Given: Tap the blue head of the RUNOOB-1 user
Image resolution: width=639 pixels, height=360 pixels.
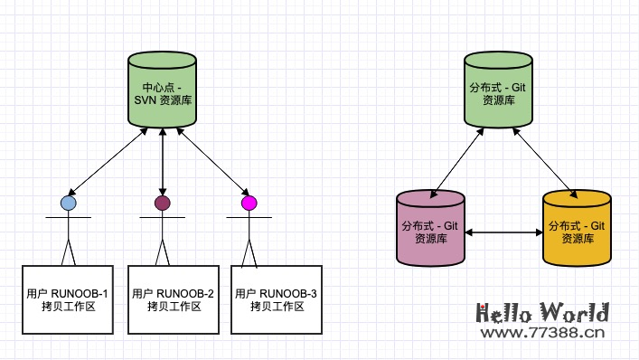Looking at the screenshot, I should [69, 203].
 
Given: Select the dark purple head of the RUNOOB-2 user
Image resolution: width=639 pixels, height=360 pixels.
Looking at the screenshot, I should [163, 203].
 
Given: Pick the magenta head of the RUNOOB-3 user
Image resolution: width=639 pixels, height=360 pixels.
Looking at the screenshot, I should [249, 203].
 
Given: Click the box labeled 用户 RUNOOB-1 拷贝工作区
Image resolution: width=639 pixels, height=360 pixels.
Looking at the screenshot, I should [68, 299].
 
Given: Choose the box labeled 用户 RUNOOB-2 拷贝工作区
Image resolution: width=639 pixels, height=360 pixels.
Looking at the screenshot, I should [173, 299].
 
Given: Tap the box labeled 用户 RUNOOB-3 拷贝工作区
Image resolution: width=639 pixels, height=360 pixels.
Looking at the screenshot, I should [277, 299].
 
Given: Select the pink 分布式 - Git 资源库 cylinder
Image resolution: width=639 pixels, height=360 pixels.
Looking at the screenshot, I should [431, 227].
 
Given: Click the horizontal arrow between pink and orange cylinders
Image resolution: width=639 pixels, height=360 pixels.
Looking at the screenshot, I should [503, 232].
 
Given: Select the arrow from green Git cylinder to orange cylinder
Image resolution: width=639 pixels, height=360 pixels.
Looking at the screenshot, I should [545, 161].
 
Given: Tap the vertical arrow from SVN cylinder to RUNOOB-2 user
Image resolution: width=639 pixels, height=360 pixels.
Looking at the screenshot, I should [163, 161].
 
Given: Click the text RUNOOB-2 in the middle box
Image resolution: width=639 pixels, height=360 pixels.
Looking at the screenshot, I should [185, 293].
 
